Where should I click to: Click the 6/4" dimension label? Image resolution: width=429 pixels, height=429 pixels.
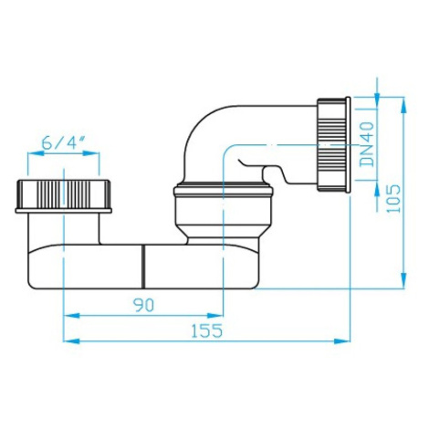[x=63, y=142]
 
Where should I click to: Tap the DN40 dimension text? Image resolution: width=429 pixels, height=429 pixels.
[x=368, y=144]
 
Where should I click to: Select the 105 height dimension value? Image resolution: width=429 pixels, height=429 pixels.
[x=394, y=198]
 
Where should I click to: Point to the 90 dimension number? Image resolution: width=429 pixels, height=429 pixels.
[x=145, y=305]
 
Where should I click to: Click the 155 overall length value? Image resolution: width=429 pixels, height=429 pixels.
[x=207, y=330]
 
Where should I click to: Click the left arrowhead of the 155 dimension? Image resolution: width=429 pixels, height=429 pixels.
[x=71, y=341]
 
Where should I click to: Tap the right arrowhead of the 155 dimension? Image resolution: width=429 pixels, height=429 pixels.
[x=342, y=341]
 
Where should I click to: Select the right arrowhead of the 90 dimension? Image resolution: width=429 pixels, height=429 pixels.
[x=215, y=316]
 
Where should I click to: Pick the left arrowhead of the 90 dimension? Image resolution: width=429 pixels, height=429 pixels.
[x=71, y=316]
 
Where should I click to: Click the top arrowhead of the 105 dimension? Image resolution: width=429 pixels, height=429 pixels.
[x=403, y=105]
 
